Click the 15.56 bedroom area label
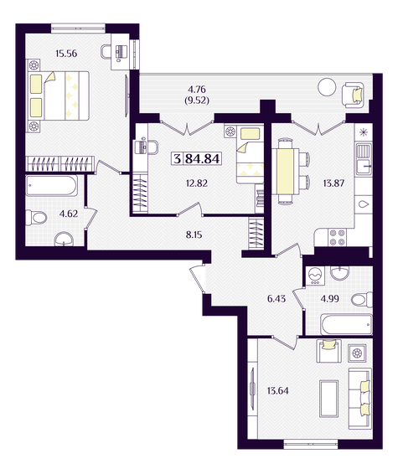(66, 54)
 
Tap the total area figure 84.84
(203, 158)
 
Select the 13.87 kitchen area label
(333, 183)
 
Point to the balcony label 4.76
(197, 90)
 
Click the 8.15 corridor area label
(194, 234)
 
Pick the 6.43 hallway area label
(277, 298)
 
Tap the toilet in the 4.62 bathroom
(36, 218)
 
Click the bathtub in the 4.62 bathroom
(51, 185)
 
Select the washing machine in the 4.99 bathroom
(314, 276)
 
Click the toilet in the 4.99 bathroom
(362, 300)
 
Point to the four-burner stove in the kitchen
(337, 237)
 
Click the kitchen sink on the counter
(364, 158)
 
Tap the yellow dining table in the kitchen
(285, 171)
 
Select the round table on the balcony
(327, 87)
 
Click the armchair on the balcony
(353, 95)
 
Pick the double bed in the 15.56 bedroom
(59, 95)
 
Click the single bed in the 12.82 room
(251, 154)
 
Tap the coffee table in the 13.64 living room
(328, 399)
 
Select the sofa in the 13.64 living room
(360, 399)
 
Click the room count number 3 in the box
(177, 158)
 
